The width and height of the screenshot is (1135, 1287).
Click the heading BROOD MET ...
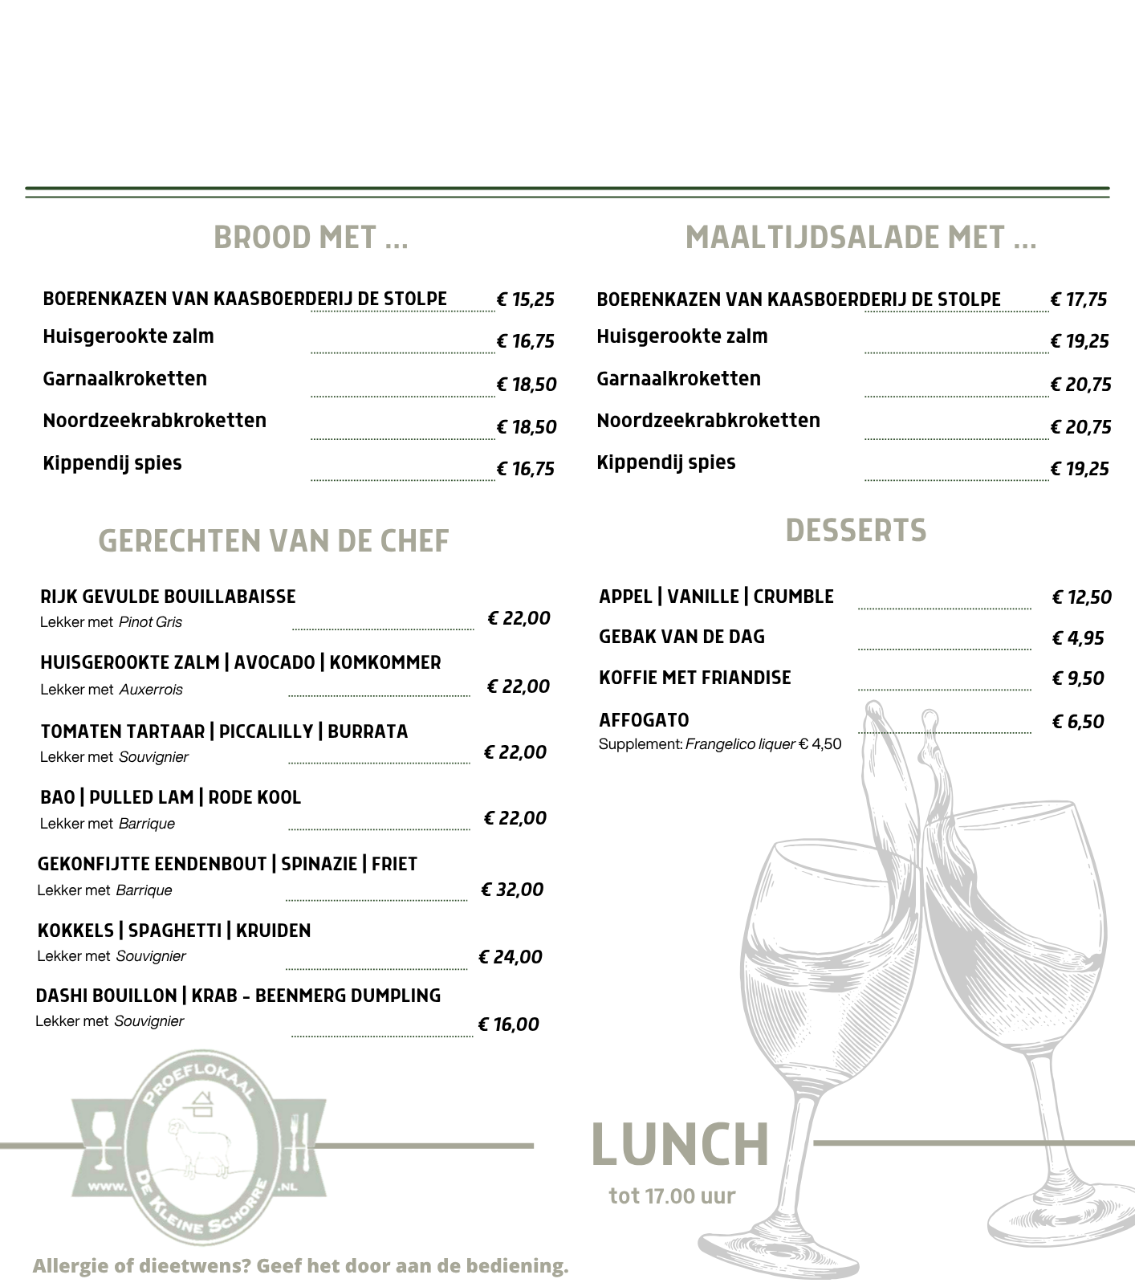(x=311, y=238)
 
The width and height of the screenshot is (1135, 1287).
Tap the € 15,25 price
(x=526, y=300)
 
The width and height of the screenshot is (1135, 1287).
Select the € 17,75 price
(x=1079, y=300)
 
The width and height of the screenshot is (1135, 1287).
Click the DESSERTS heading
(x=856, y=531)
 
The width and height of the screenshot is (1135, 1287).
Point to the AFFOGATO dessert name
(x=644, y=720)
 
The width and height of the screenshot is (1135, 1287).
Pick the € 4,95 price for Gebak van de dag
(x=1078, y=638)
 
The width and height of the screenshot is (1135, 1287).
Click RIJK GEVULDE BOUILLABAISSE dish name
(x=168, y=597)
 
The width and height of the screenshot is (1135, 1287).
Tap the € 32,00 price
(x=512, y=890)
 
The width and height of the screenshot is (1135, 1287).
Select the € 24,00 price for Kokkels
(x=511, y=957)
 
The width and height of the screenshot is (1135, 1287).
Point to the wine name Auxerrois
(x=151, y=690)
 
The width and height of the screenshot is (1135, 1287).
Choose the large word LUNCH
(x=680, y=1145)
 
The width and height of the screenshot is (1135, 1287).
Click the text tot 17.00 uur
(x=672, y=1196)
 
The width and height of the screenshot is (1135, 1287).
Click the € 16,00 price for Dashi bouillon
(x=509, y=1024)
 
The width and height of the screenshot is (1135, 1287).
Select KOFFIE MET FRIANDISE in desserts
(x=694, y=678)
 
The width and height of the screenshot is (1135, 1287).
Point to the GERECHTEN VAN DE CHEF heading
(x=274, y=542)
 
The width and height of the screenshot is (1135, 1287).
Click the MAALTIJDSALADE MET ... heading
(x=860, y=238)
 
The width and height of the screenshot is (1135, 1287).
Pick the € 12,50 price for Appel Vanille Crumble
(x=1081, y=597)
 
